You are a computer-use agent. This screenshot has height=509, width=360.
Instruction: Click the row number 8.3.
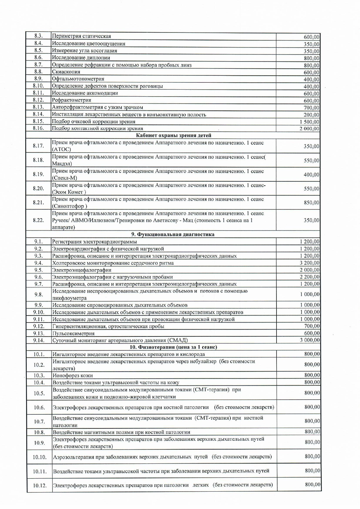pyautogui.click(x=38, y=36)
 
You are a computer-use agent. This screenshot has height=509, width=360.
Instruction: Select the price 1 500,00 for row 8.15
pyautogui.click(x=309, y=122)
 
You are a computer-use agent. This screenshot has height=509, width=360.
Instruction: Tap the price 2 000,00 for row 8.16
pyautogui.click(x=309, y=129)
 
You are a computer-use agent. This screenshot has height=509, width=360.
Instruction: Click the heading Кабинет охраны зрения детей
pyautogui.click(x=174, y=135)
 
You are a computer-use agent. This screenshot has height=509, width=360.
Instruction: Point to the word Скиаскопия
pyautogui.click(x=66, y=72)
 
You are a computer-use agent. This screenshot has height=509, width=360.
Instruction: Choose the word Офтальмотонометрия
pyautogui.click(x=78, y=79)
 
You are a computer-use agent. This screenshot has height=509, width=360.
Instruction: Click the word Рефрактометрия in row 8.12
pyautogui.click(x=72, y=100)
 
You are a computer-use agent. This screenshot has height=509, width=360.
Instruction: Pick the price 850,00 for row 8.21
pyautogui.click(x=311, y=202)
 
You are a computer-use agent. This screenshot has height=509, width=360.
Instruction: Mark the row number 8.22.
pyautogui.click(x=38, y=220)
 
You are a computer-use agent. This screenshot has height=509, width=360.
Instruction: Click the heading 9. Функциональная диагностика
pyautogui.click(x=173, y=234)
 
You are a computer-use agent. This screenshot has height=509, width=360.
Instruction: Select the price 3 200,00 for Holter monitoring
pyautogui.click(x=310, y=263)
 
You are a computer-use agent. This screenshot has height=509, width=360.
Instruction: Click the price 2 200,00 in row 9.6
pyautogui.click(x=310, y=277)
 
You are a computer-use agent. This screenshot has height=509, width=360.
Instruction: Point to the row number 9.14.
pyautogui.click(x=39, y=340)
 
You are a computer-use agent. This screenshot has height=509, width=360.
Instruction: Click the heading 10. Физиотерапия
pyautogui.click(x=173, y=347)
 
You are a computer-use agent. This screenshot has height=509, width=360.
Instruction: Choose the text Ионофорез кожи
pyautogui.click(x=72, y=376)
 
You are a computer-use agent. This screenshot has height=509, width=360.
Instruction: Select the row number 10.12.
pyautogui.click(x=40, y=486)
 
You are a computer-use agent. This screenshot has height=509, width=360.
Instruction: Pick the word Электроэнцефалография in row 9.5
pyautogui.click(x=82, y=270)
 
